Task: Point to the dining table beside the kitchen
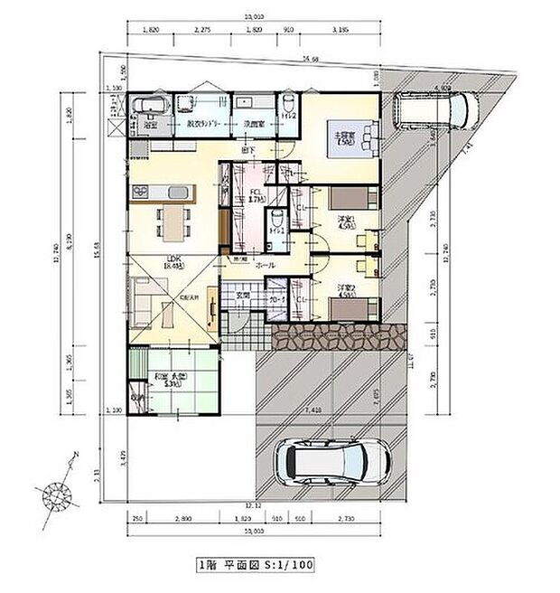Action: (x=170, y=221)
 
